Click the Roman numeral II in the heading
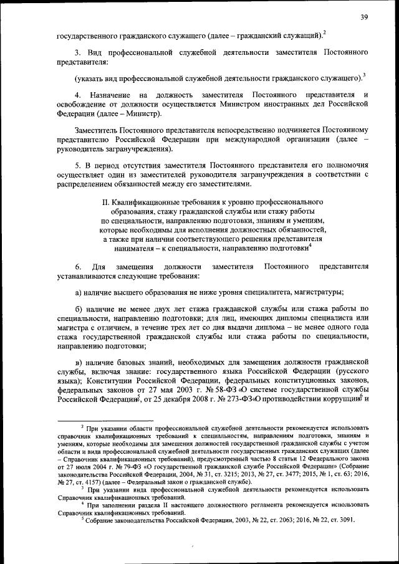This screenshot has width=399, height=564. click(104, 203)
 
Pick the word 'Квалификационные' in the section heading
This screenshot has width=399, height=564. click(147, 203)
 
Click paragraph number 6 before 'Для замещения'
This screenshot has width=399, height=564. click(77, 267)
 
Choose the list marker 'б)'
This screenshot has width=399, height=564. click(79, 310)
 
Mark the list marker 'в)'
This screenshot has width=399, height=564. click(79, 362)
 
